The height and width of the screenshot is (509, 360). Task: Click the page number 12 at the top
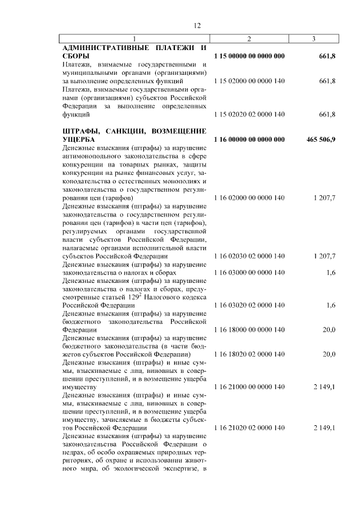pos(197,25)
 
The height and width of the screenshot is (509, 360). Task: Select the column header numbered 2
pos(249,38)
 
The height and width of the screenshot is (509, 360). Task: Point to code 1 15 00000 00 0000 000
pos(249,56)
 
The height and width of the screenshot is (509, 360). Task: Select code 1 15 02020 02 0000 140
pos(249,114)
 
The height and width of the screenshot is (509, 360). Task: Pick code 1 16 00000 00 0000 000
pos(249,139)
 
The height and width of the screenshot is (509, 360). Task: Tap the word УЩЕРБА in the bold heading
pos(79,139)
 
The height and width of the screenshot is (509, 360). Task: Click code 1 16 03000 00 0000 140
pos(249,272)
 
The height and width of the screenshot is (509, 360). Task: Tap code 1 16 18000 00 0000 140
pos(249,329)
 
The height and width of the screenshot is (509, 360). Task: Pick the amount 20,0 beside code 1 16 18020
pos(328,354)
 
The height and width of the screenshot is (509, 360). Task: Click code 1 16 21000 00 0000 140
pos(249,387)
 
